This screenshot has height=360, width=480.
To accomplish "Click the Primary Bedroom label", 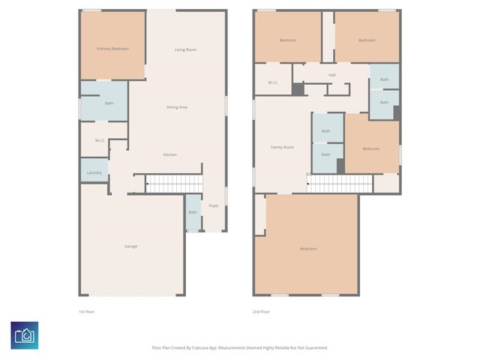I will pos(112,49).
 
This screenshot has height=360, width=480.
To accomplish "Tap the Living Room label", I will pos(185,49).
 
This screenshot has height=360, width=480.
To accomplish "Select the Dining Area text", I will pos(177,107).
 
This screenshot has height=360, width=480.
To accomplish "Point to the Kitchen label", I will pos(170,154).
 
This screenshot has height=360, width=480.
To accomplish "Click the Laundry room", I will pos(94,172).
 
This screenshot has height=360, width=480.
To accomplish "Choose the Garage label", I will pos(130,246).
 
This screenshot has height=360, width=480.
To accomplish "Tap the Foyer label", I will pos(214,205).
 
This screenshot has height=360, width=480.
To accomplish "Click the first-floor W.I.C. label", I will pos(100,140).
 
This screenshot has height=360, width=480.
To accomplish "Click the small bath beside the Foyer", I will pos(193,212).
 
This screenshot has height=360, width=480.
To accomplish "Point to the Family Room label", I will pos(282,147).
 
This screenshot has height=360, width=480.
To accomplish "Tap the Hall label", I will pos(331,75).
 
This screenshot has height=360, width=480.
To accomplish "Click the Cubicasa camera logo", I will pos(25,334).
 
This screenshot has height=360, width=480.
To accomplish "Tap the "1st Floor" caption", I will pos(87,311).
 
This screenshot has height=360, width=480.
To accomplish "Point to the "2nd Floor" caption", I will pos(261,311).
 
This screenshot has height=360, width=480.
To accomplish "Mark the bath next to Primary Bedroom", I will pos(109,103).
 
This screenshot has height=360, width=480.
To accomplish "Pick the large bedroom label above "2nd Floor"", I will pos(307,248).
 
